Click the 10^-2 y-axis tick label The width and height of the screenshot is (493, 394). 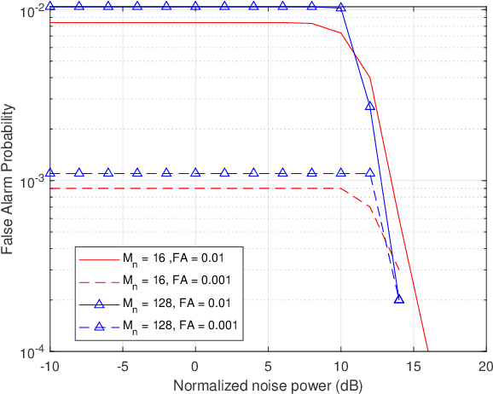tap(29, 11)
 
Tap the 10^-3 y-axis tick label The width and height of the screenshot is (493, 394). tap(29, 181)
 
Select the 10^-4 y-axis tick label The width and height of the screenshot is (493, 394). tap(29, 351)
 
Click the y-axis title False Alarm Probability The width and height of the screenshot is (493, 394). tap(9, 180)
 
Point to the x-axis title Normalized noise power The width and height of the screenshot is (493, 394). tap(269, 385)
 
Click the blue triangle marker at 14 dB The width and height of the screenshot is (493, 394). tap(399, 298)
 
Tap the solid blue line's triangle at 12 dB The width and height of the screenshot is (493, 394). tap(370, 106)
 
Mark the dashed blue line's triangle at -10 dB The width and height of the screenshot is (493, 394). tap(50, 173)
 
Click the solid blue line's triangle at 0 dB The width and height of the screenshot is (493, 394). tap(195, 6)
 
